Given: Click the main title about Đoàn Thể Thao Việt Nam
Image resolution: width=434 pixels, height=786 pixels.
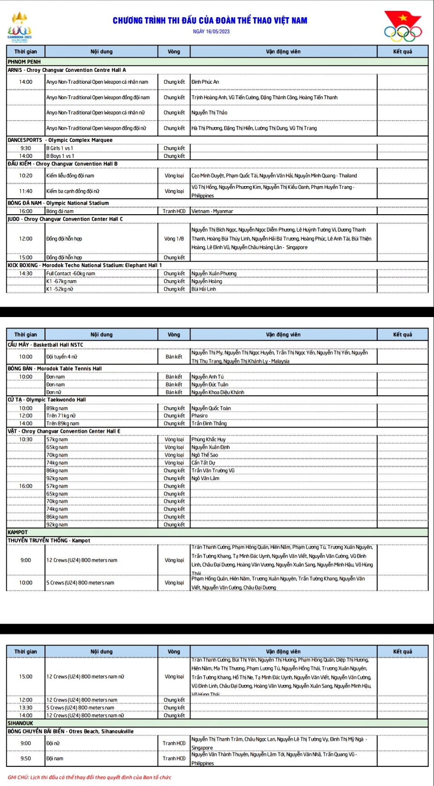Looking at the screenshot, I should click(x=210, y=20).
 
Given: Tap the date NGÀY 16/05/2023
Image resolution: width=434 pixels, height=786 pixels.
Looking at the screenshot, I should click(x=211, y=32).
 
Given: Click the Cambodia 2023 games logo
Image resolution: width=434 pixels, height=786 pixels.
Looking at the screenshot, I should click(x=20, y=27).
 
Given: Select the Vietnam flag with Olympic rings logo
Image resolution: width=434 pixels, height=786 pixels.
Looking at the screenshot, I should click(x=403, y=26).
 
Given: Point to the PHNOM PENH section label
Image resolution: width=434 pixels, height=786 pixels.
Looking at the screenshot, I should click(x=24, y=62).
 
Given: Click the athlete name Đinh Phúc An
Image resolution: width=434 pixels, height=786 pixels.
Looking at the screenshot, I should click(x=205, y=82).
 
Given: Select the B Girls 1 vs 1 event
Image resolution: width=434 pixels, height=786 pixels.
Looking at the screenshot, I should click(x=60, y=148).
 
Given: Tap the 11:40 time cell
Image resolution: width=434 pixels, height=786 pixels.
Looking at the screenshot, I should click(x=26, y=191).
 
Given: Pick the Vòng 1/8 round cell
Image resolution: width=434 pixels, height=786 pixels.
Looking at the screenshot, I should click(x=174, y=238).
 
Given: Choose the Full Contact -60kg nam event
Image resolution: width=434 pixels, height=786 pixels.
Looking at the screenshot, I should click(x=71, y=273).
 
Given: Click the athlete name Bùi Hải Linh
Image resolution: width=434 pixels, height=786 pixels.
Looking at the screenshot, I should click(x=204, y=289).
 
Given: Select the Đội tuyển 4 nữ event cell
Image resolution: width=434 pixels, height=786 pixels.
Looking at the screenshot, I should click(x=62, y=357).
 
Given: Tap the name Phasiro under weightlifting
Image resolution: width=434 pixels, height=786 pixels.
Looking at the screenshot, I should click(x=200, y=415).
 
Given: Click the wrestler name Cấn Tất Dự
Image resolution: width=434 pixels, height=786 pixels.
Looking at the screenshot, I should click(x=203, y=463).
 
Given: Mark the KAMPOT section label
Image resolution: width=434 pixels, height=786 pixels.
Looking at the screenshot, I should click(x=18, y=532).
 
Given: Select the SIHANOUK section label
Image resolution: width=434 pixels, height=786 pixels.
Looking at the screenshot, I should click(x=20, y=723).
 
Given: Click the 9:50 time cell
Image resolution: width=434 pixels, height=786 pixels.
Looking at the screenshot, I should click(x=26, y=758).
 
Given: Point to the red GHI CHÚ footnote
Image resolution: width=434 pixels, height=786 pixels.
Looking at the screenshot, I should click(x=90, y=777).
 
